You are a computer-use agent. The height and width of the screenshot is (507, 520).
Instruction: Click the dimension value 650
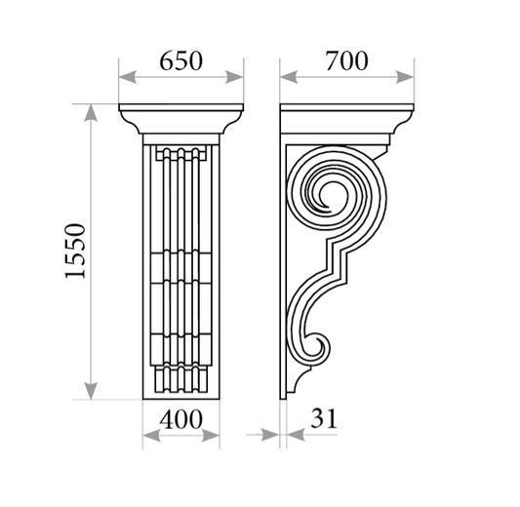click(x=180, y=61)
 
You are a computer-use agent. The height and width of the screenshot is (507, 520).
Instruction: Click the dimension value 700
click(x=346, y=61)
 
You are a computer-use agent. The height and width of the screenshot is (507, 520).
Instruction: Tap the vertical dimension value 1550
click(x=75, y=251)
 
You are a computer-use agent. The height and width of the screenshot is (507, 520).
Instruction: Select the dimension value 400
click(x=180, y=419)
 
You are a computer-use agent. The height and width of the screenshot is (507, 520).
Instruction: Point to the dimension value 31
click(x=323, y=418)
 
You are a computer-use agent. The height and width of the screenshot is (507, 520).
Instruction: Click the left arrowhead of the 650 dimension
click(x=128, y=77)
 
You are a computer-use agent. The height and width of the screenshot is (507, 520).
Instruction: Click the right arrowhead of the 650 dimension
click(x=234, y=77)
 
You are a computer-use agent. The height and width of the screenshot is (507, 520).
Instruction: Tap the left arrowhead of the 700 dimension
click(x=289, y=77)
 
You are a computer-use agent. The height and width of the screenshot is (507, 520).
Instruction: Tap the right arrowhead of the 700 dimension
click(x=405, y=77)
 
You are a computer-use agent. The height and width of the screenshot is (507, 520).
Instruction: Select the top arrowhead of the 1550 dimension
click(x=91, y=113)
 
